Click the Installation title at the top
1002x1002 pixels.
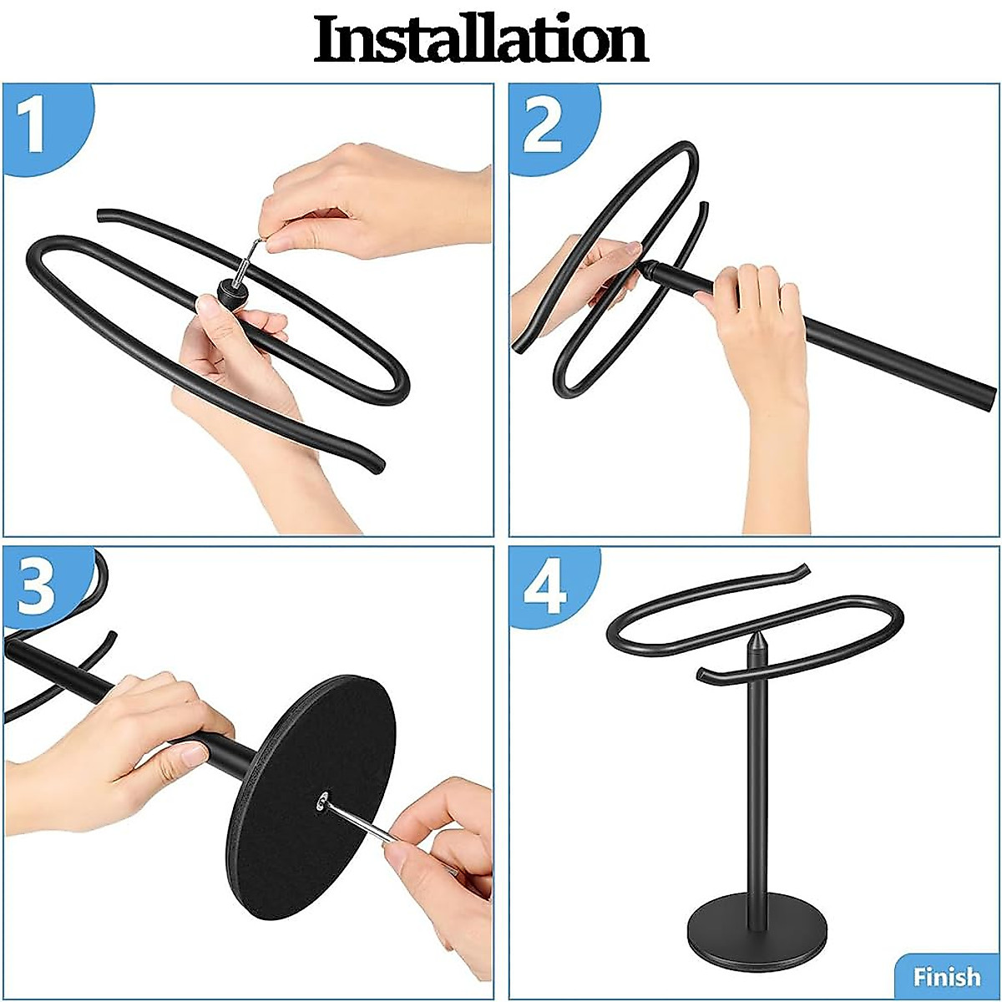click(481, 39)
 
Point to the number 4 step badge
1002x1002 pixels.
click(544, 586)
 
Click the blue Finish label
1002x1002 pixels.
click(946, 976)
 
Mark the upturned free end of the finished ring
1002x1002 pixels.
click(797, 571)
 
